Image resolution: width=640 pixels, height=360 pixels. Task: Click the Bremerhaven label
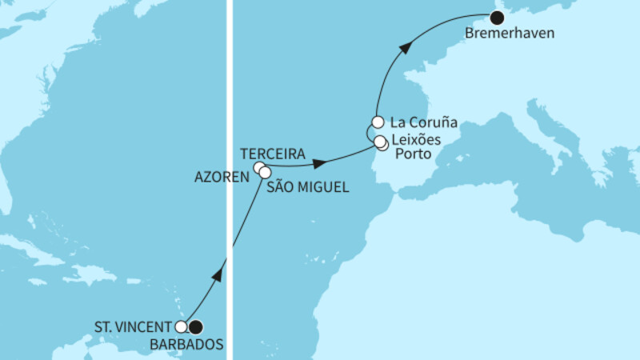pos(501,34)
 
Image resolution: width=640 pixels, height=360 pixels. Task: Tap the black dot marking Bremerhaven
pos(497,18)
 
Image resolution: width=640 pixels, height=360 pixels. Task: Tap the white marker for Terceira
pos(258,168)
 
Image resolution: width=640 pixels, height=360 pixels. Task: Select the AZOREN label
pos(222,177)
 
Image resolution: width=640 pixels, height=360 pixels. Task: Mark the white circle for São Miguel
pos(265,172)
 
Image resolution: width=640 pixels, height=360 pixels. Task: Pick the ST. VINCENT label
pos(134,326)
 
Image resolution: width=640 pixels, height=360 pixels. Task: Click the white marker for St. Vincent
pos(182,326)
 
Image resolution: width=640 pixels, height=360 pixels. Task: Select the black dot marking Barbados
pos(195,326)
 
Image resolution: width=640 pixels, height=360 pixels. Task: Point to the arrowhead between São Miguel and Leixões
pos(318,164)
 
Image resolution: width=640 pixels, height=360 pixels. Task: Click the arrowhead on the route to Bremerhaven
pos(406,49)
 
